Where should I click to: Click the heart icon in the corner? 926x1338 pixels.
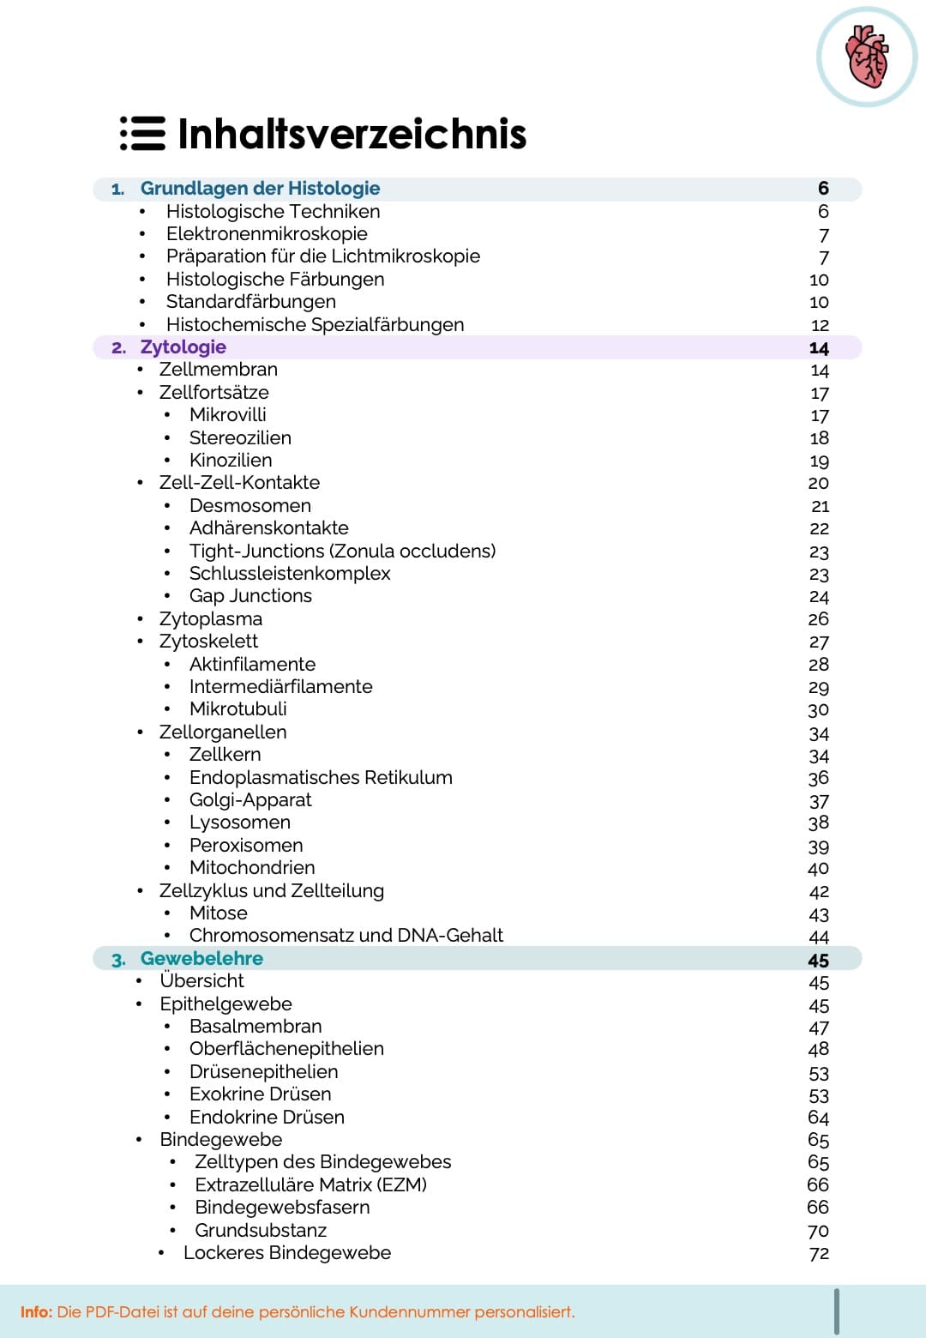click(867, 57)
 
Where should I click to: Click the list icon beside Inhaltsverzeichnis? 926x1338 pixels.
click(142, 134)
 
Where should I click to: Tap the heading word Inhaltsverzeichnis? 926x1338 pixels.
click(352, 134)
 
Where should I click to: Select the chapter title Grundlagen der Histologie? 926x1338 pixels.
click(260, 189)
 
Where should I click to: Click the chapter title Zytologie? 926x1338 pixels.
click(183, 347)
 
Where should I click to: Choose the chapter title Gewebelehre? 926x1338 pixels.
click(201, 959)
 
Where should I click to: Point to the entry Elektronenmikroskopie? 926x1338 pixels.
click(267, 234)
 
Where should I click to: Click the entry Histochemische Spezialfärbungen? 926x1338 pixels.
click(315, 325)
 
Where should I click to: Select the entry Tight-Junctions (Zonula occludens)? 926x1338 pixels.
click(342, 551)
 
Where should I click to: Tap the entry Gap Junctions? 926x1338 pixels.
click(250, 596)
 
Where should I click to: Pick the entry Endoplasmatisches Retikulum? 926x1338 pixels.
click(321, 778)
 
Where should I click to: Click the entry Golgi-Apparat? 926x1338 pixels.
click(250, 800)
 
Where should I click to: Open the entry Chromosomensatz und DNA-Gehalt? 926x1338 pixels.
click(346, 936)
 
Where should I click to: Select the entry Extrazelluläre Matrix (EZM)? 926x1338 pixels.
click(310, 1185)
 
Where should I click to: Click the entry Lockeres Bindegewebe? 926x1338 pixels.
click(286, 1253)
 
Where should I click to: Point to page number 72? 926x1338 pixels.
click(819, 1254)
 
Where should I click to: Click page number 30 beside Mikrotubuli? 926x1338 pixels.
click(818, 710)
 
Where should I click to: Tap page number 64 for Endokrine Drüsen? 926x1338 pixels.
click(818, 1118)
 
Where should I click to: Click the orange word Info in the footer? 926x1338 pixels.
click(35, 1312)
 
